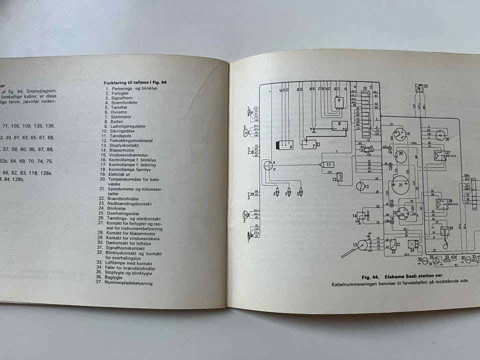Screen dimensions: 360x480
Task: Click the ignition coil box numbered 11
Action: (x=328, y=164)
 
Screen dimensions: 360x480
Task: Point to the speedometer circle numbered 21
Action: (x=400, y=184)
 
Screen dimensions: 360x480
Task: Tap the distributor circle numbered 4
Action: (x=269, y=165)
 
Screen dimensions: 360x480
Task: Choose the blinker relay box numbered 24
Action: (x=412, y=245)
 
